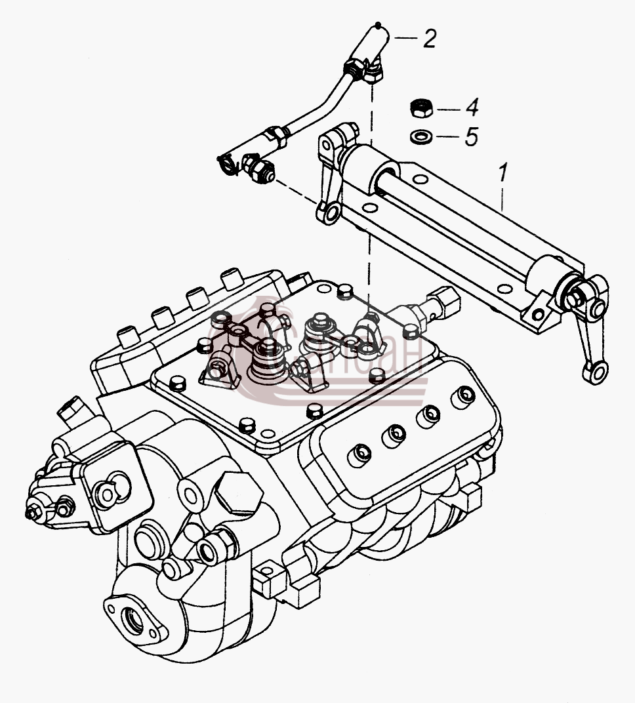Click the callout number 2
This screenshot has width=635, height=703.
click(429, 39)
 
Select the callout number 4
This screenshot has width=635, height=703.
click(472, 108)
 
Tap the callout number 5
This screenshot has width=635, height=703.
click(471, 136)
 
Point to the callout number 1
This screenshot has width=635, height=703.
click(502, 172)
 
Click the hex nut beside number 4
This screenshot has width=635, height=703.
click(421, 108)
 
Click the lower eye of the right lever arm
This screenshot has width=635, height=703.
click(596, 372)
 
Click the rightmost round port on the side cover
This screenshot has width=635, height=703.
click(462, 395)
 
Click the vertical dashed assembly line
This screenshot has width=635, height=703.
click(371, 198)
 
